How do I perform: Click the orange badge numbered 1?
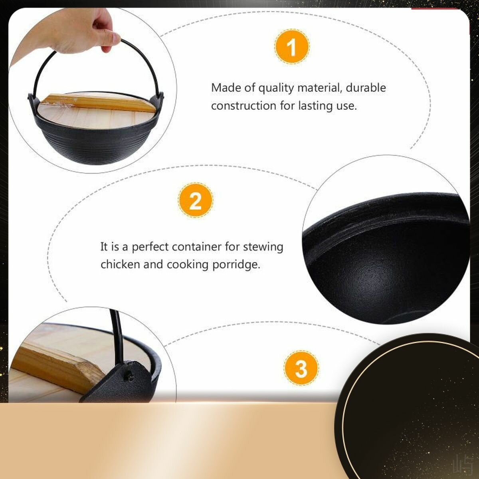[x=292, y=47]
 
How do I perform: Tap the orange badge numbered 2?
[x=195, y=200]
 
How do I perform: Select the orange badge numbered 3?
[x=301, y=368]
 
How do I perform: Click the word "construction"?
[x=243, y=106]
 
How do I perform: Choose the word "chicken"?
[x=120, y=264]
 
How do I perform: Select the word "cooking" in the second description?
[x=188, y=265]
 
